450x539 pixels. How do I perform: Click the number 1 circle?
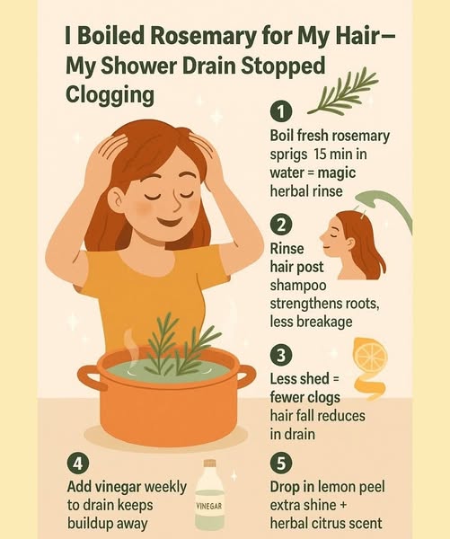[281, 112]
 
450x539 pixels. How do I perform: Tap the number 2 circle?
[281, 225]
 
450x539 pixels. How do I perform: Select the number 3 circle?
[281, 355]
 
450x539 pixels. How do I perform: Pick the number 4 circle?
[78, 464]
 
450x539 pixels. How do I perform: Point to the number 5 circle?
[281, 464]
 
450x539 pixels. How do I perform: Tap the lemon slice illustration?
[370, 355]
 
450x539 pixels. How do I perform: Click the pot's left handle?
[89, 377]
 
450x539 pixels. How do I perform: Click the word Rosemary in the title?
[204, 36]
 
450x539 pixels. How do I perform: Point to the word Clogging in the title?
[110, 95]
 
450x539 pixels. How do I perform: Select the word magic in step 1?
[337, 172]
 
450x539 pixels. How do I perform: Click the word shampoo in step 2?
[298, 286]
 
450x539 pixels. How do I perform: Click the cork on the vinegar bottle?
[209, 463]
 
